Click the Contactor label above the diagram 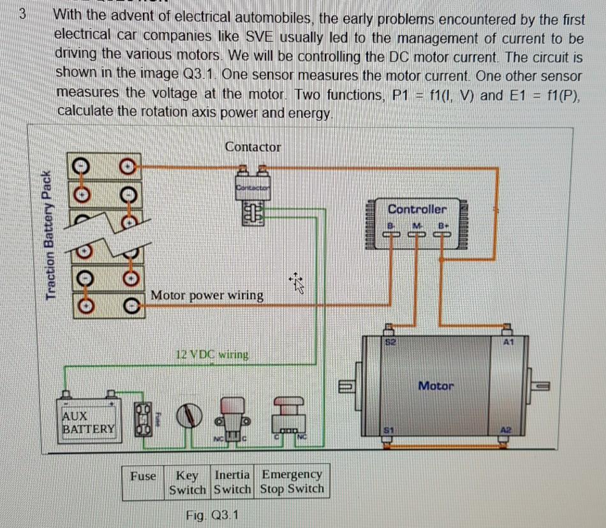click(x=253, y=147)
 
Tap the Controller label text click(x=417, y=209)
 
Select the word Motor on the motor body click(x=436, y=386)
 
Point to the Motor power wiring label click(x=207, y=295)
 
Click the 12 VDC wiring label click(x=211, y=354)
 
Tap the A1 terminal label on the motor click(x=508, y=342)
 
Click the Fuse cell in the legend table click(x=143, y=476)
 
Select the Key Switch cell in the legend click(x=187, y=483)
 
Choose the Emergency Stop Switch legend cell click(x=292, y=483)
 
